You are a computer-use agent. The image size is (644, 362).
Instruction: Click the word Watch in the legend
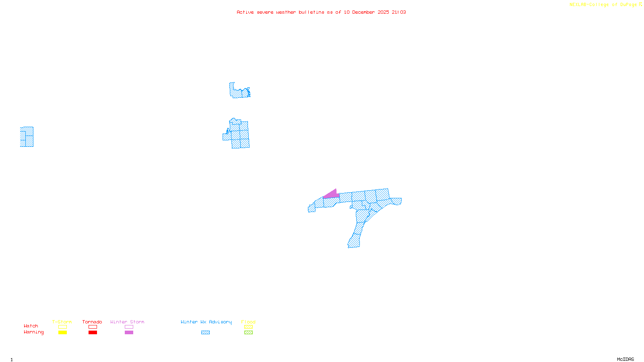(x=31, y=326)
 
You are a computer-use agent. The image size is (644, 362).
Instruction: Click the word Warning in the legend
(x=33, y=332)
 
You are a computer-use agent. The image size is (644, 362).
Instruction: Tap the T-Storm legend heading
(x=62, y=322)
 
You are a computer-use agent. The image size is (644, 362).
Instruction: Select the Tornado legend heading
(x=92, y=322)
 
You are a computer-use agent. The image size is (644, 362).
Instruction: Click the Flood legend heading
(x=248, y=322)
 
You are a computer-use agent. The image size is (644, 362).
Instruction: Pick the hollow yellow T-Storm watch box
(x=62, y=327)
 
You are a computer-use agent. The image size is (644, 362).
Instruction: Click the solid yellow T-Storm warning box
(x=62, y=333)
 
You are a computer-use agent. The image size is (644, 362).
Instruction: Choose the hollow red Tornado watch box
(x=93, y=327)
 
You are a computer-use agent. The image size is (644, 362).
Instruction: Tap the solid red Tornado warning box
(x=93, y=333)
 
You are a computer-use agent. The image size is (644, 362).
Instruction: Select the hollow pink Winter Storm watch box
(x=129, y=327)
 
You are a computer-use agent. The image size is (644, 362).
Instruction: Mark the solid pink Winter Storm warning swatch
(x=129, y=333)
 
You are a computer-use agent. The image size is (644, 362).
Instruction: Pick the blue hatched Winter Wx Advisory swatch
(x=205, y=333)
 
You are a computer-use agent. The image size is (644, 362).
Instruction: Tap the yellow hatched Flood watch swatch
(x=248, y=327)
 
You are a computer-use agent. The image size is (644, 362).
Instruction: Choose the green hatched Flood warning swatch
(x=248, y=333)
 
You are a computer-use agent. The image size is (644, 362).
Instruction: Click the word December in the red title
(x=363, y=12)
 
